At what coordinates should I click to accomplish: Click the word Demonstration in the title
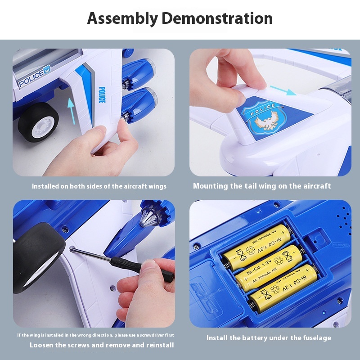point(217,19)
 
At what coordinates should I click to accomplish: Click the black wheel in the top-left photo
point(39,121)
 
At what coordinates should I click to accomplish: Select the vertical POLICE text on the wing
point(101,95)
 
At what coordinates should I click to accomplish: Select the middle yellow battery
point(269,267)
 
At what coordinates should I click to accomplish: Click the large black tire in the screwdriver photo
point(38,256)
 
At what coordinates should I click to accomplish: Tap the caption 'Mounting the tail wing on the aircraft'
point(262,186)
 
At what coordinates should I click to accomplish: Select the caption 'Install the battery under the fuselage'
point(269,337)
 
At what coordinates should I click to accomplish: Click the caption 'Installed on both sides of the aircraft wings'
point(99,186)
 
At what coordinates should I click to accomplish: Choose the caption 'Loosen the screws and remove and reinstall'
point(102,345)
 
